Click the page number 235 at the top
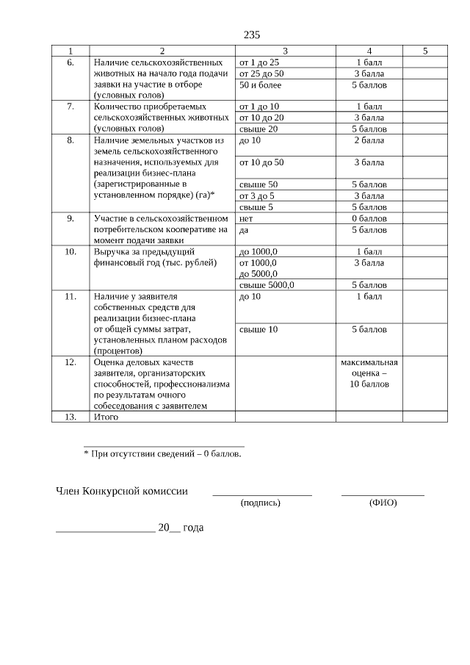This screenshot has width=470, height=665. (x=252, y=35)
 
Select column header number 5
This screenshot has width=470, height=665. (x=425, y=51)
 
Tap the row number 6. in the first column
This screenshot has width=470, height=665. (x=70, y=62)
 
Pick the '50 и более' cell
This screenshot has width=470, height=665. (x=261, y=85)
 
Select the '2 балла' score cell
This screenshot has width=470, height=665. (x=369, y=140)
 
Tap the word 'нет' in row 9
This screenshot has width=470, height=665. (x=247, y=218)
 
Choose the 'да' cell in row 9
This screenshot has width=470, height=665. (x=245, y=229)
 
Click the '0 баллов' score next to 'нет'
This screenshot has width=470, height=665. (x=369, y=218)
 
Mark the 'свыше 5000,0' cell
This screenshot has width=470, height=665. (x=267, y=284)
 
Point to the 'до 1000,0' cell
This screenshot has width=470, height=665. (x=258, y=251)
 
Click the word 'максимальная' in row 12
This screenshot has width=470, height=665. (x=369, y=362)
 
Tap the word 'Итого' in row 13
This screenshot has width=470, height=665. (x=106, y=417)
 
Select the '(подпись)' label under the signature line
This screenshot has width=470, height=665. (x=261, y=503)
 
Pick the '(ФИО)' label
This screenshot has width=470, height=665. (x=383, y=503)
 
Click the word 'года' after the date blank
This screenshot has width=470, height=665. (x=192, y=528)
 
